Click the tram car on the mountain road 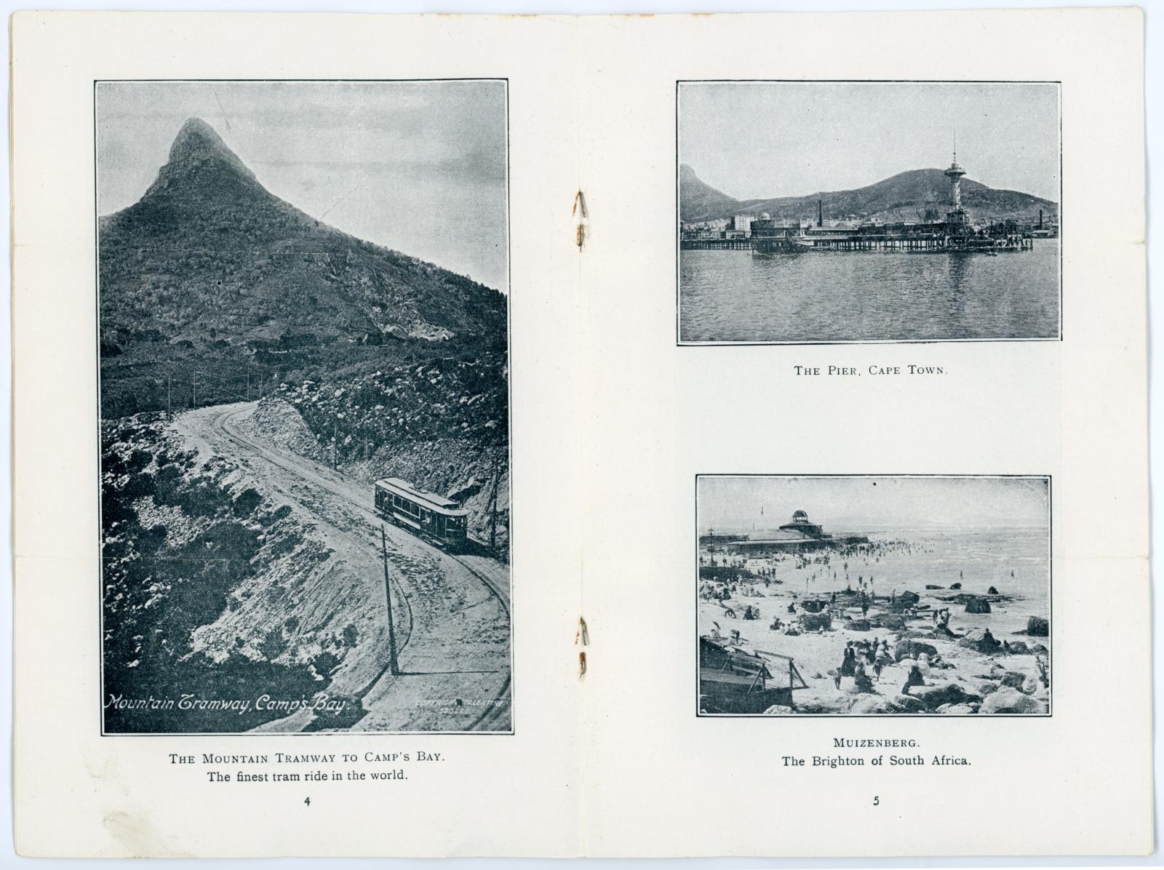[421, 513]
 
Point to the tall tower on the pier [954, 182]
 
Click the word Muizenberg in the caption [876, 743]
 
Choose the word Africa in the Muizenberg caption [949, 762]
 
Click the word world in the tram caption [388, 776]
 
